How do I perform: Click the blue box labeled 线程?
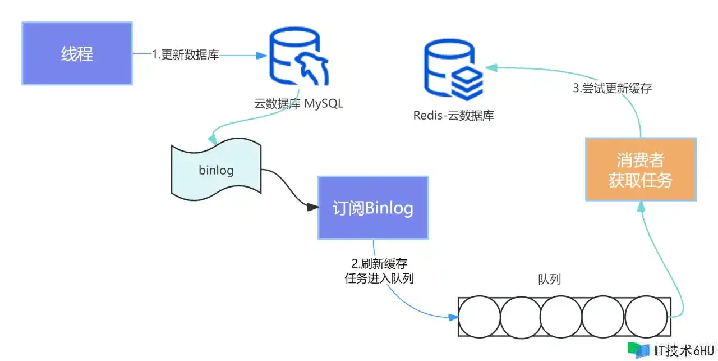77,54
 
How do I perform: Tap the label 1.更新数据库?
185,55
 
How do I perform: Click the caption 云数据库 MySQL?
298,104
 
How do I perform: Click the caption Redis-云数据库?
454,116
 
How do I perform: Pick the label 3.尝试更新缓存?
613,88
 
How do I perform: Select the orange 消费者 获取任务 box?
640,170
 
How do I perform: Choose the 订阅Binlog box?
373,208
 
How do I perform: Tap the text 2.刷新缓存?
379,264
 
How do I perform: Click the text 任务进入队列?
379,278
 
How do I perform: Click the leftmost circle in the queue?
479,317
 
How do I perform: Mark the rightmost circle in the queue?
646,317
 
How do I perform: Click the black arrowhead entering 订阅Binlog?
313,208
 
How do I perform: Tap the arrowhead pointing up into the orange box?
640,207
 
